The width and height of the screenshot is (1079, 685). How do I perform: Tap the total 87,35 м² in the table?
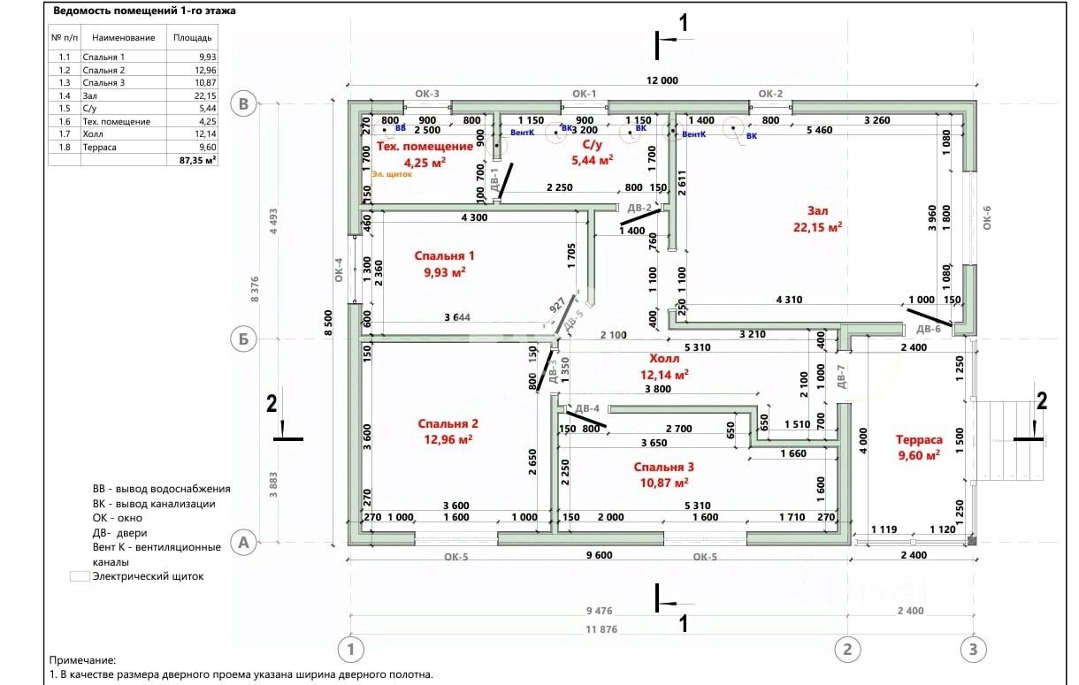point(198,160)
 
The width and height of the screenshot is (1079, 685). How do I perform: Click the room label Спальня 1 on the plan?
point(445,256)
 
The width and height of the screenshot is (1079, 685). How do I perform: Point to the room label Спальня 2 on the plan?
point(448,423)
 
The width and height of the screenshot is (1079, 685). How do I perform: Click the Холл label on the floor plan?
point(664,359)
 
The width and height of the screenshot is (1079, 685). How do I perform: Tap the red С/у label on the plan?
point(592,144)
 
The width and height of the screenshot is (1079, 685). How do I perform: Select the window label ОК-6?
point(986,216)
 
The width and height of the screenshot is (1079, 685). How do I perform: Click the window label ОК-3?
point(428,93)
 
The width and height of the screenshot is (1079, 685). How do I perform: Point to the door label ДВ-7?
point(842,377)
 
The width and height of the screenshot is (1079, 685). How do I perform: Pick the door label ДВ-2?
point(639,208)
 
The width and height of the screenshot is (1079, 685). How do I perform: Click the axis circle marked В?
point(245,104)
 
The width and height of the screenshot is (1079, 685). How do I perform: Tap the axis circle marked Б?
point(245,338)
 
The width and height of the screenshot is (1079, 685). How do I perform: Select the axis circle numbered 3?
point(973,649)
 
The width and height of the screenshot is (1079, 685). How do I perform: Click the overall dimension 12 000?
point(662,80)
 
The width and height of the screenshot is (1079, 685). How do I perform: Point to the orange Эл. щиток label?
point(394,174)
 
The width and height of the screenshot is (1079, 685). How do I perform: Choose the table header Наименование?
point(119,38)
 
